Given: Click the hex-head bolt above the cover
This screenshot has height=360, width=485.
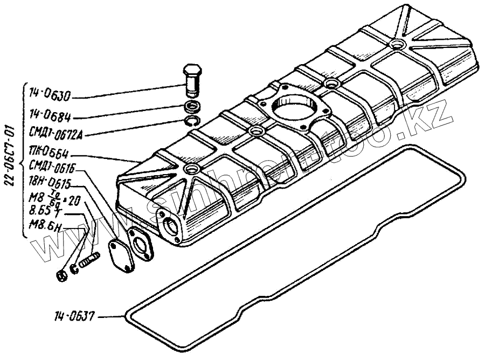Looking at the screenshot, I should (x=193, y=79).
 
